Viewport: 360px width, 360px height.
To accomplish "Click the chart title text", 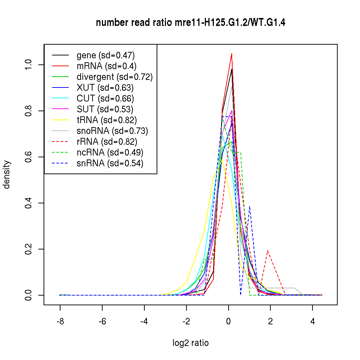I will pos(191,23).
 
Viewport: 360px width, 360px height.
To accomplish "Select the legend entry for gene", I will pos(105,55).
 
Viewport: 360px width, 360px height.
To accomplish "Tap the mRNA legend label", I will pos(107,66).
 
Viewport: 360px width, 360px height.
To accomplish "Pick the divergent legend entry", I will pos(114,77).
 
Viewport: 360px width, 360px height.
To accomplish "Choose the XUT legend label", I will pos(105,87).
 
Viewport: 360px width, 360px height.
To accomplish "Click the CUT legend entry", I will pos(105,98).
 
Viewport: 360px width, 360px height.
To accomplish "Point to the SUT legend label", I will pos(105,109).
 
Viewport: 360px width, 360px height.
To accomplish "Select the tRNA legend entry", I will pos(107,120).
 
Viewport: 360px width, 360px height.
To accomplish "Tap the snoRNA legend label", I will pos(112,131).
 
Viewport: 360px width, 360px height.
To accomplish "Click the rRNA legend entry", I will pos(107,141).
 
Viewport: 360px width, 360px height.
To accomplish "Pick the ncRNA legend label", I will pos(110,152).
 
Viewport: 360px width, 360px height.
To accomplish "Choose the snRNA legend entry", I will pos(110,163).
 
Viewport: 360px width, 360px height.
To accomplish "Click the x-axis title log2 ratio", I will pos(190,343).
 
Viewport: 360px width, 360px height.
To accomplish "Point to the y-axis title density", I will pos(7,174).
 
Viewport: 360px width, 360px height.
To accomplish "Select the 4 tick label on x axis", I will pos(312,321).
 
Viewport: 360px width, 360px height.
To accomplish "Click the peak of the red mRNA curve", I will pos(231,54).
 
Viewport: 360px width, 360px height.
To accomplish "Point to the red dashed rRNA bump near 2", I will pos(267,251).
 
